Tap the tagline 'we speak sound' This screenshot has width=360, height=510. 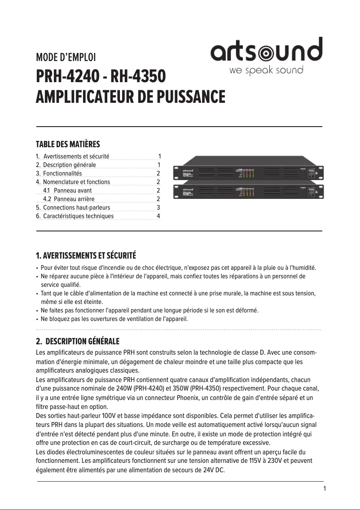pyautogui.click(x=266, y=70)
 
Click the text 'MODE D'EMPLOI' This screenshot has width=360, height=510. pyautogui.click(x=66, y=57)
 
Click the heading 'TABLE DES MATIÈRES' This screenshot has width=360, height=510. pyautogui.click(x=68, y=144)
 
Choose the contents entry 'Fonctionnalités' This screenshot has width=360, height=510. pyautogui.click(x=62, y=173)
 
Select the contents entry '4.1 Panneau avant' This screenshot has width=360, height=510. pyautogui.click(x=67, y=190)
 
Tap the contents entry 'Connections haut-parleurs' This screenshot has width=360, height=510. pyautogui.click(x=76, y=207)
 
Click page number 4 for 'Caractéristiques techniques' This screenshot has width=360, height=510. pyautogui.click(x=158, y=216)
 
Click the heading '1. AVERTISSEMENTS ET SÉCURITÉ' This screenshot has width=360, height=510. pyautogui.click(x=86, y=256)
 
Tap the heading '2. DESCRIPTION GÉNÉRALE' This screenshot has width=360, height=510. pyautogui.click(x=78, y=342)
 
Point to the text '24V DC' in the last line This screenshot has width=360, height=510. pyautogui.click(x=213, y=470)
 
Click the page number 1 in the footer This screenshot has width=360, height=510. pyautogui.click(x=325, y=488)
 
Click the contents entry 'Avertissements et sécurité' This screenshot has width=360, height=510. pyautogui.click(x=76, y=156)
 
